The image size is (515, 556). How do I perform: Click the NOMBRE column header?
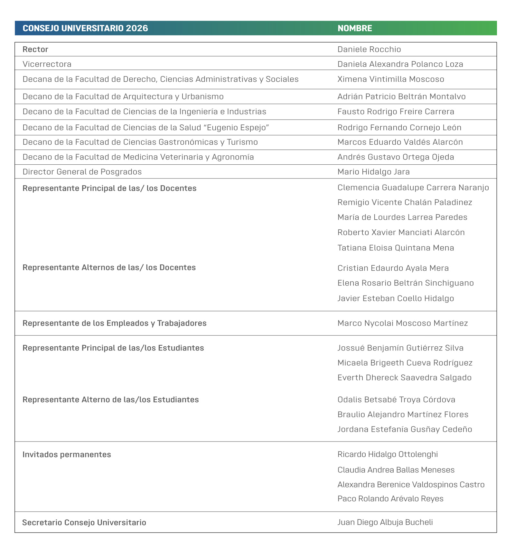(x=354, y=28)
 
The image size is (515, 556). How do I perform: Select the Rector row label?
(x=35, y=50)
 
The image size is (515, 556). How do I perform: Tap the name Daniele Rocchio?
(x=369, y=50)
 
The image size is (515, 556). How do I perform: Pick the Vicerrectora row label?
(x=47, y=64)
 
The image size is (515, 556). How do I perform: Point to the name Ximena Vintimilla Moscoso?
(x=390, y=79)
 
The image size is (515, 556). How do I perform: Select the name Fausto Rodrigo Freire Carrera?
(x=396, y=112)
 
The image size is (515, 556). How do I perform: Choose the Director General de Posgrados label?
(x=82, y=172)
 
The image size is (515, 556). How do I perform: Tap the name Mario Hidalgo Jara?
(x=373, y=172)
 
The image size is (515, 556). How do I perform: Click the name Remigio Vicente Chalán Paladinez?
(x=405, y=202)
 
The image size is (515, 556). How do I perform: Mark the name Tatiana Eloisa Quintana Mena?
(x=396, y=248)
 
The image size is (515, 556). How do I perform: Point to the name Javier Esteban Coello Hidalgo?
(x=396, y=298)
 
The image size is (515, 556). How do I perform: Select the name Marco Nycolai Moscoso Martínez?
(x=402, y=323)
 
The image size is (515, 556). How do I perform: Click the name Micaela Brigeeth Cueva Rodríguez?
(x=405, y=363)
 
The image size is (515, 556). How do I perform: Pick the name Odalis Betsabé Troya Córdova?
(x=396, y=400)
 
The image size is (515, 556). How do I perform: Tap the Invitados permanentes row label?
(x=67, y=454)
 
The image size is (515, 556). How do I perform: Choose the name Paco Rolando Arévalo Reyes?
(x=390, y=499)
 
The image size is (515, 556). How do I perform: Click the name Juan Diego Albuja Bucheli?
(x=385, y=522)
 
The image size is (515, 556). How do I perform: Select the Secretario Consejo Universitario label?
(x=84, y=523)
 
